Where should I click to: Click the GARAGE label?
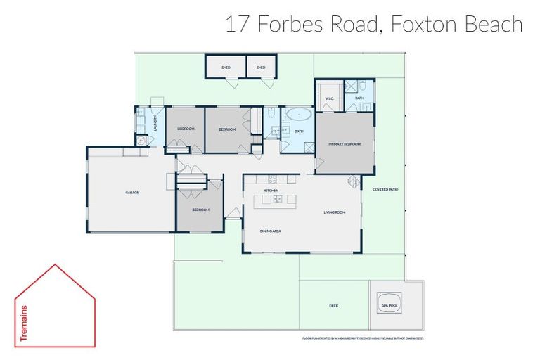point(131,192)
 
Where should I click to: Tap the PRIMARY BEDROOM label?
point(345,143)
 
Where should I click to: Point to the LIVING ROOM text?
point(334,212)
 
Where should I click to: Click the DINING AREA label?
point(271,231)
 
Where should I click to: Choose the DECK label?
point(334,306)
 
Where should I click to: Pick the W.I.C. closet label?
point(328,98)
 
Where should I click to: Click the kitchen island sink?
point(279,200)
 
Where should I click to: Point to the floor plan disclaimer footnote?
point(359,338)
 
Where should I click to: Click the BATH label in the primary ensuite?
point(359,98)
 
